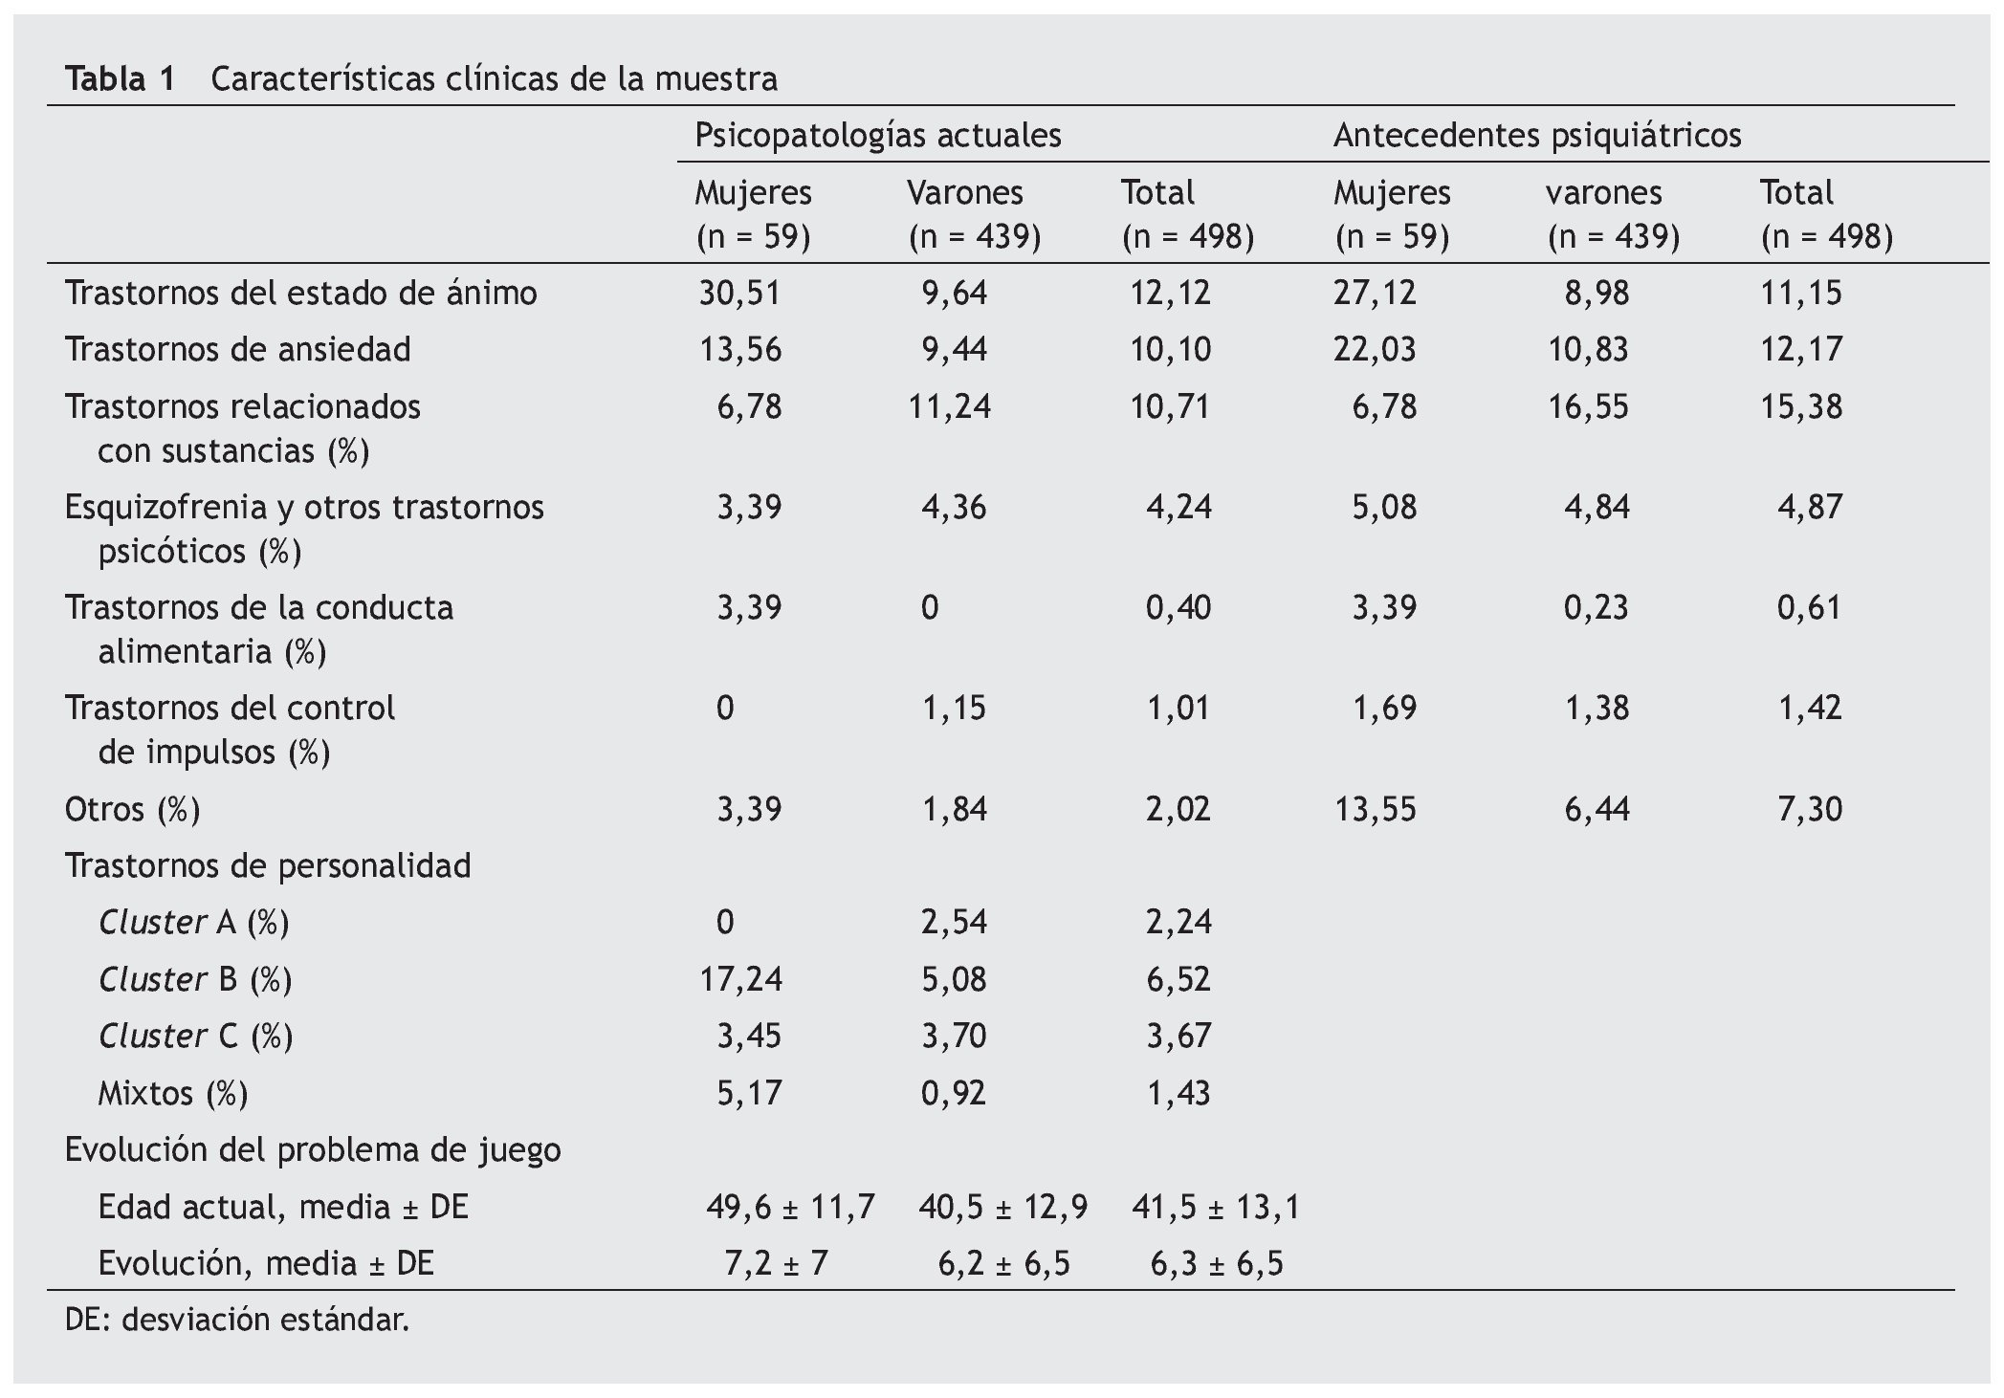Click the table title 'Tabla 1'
pos(121,78)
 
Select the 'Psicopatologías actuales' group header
pos(877,136)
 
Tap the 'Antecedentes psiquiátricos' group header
pos(1536,136)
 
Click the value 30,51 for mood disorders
pos(738,293)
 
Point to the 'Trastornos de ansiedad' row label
pos(237,349)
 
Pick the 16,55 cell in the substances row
pos(1588,406)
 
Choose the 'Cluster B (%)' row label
pos(195,979)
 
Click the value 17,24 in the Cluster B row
pos(740,979)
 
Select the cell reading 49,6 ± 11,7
pos(790,1208)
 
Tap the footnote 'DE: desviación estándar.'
pos(237,1321)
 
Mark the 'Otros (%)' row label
pos(132,809)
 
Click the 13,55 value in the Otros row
pos(1375,809)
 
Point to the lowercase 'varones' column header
pos(1604,193)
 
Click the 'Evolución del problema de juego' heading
pos(313,1149)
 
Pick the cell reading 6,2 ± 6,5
pos(1003,1264)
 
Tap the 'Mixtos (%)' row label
pos(172,1093)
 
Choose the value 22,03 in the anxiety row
pos(1375,349)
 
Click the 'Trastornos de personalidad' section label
pos(268,865)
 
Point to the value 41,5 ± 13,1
pos(1216,1208)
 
